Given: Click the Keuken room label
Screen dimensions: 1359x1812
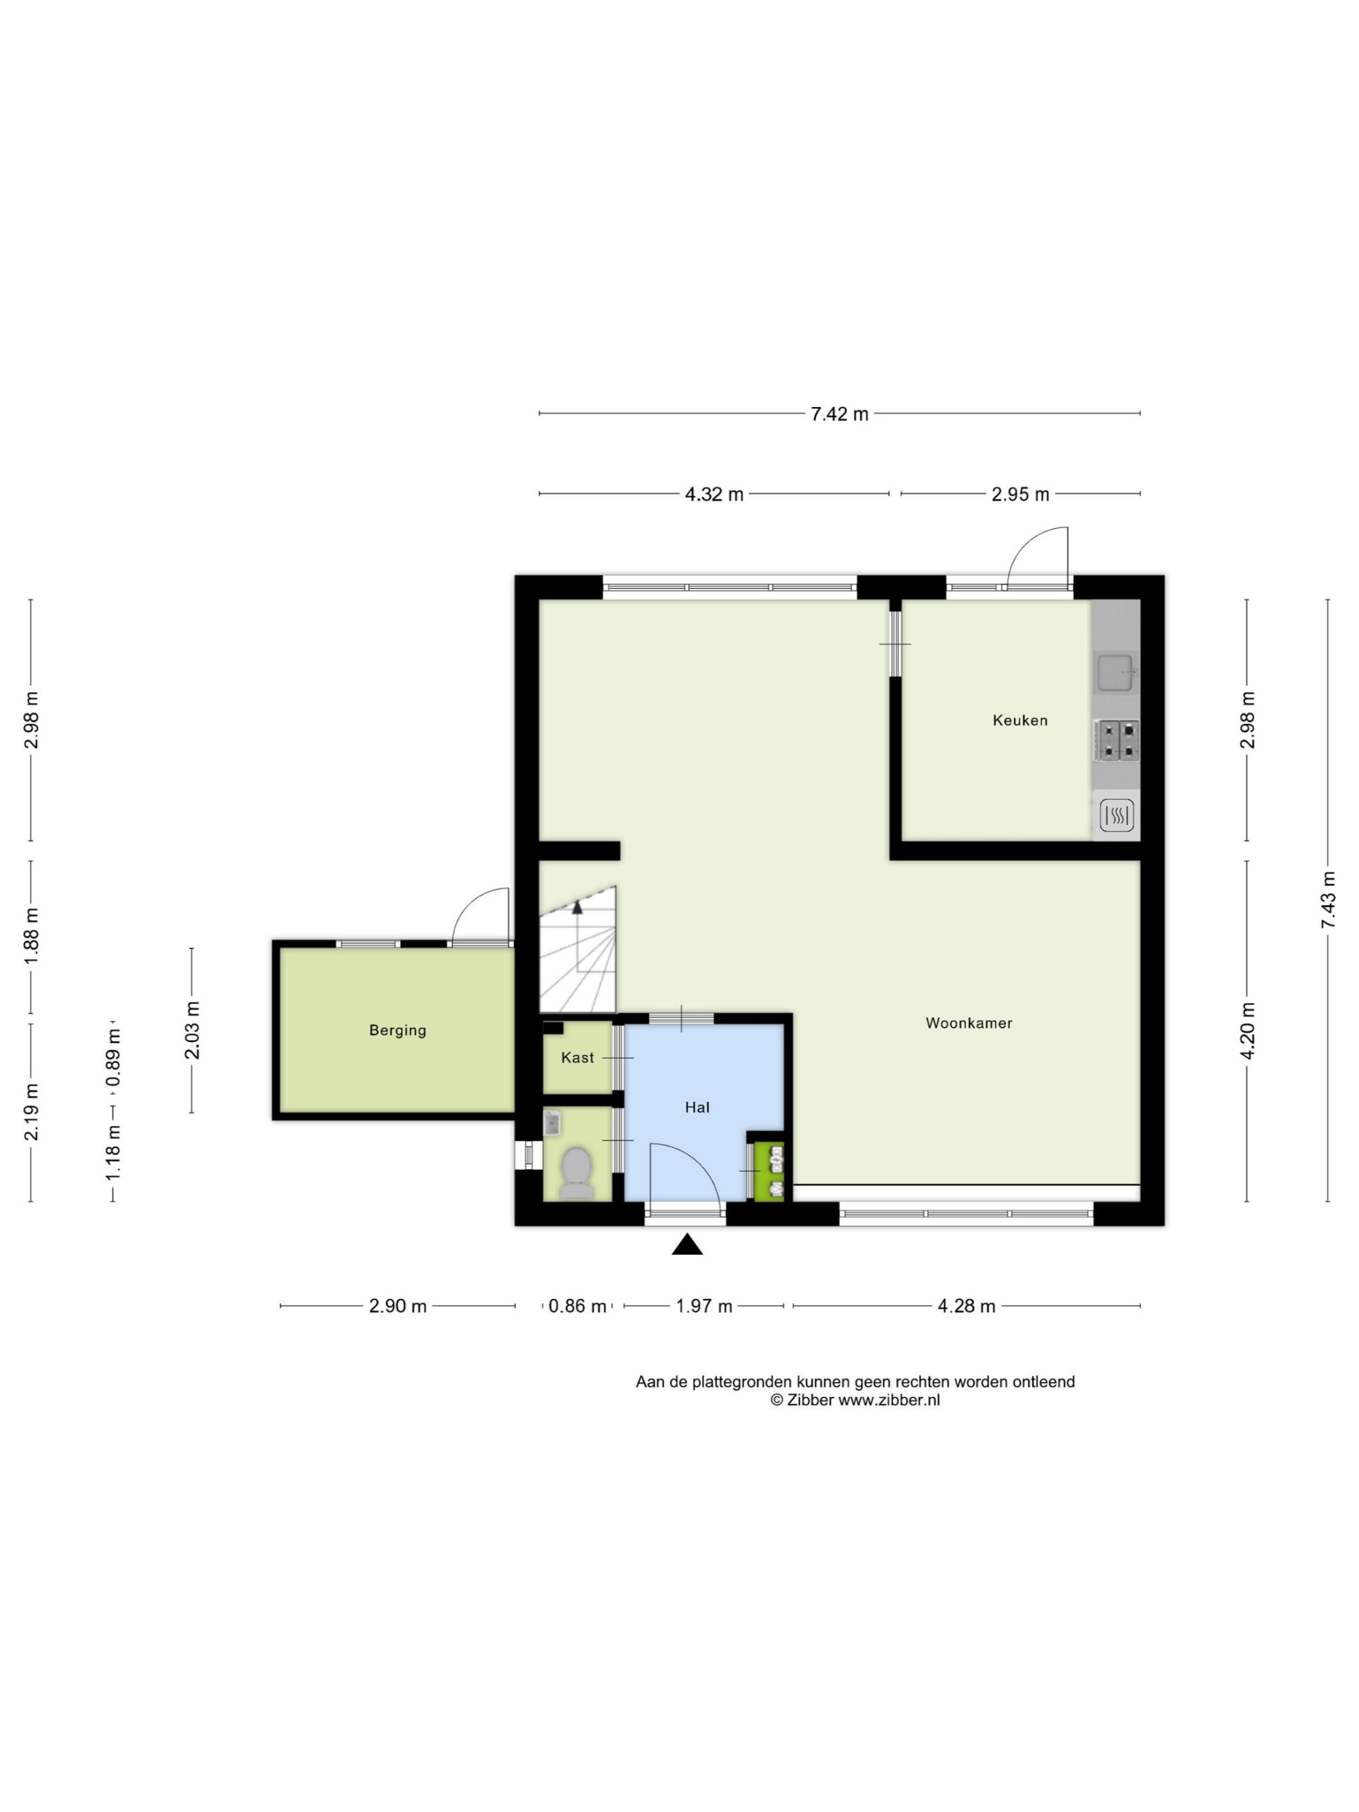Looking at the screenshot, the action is (1020, 720).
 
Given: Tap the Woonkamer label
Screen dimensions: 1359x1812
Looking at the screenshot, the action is (969, 1023).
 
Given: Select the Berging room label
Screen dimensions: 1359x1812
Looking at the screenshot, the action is (397, 1031).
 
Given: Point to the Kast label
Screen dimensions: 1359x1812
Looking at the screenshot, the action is (578, 1057).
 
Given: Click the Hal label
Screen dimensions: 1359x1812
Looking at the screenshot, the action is (697, 1108).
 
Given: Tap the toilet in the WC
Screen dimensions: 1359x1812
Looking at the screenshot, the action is (577, 1173).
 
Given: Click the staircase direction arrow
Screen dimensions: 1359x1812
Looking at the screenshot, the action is (578, 907).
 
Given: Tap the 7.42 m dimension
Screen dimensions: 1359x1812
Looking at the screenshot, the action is (839, 413).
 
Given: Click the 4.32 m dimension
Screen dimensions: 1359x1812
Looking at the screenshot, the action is (714, 494).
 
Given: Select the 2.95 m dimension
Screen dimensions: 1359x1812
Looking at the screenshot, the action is (1020, 494).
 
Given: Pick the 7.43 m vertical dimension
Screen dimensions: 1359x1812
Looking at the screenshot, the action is (1328, 900).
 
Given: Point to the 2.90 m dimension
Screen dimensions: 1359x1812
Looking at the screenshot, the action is (397, 1306).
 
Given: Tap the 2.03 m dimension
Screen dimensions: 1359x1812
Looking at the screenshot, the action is (192, 1031).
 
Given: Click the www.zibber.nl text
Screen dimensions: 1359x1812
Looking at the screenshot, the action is (889, 1400).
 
